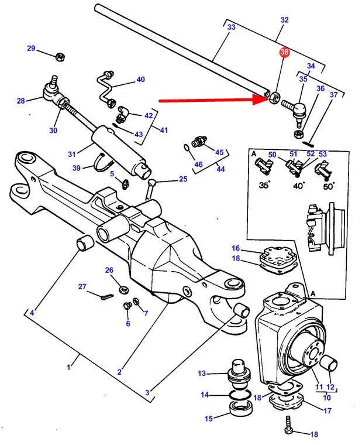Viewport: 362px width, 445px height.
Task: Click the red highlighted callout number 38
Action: (x=284, y=53)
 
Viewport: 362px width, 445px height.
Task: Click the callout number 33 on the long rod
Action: (x=231, y=28)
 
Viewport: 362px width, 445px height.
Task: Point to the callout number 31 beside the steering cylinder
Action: (x=72, y=154)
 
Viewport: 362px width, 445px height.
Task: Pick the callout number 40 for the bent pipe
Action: (x=140, y=80)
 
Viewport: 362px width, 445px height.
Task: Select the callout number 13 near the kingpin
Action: (x=202, y=373)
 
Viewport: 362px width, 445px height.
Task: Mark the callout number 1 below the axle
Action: (x=68, y=367)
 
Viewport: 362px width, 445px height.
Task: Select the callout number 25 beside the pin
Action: (x=183, y=179)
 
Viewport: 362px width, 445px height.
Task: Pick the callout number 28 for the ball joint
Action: (x=21, y=101)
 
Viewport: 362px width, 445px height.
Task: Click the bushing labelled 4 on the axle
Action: (x=86, y=241)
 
